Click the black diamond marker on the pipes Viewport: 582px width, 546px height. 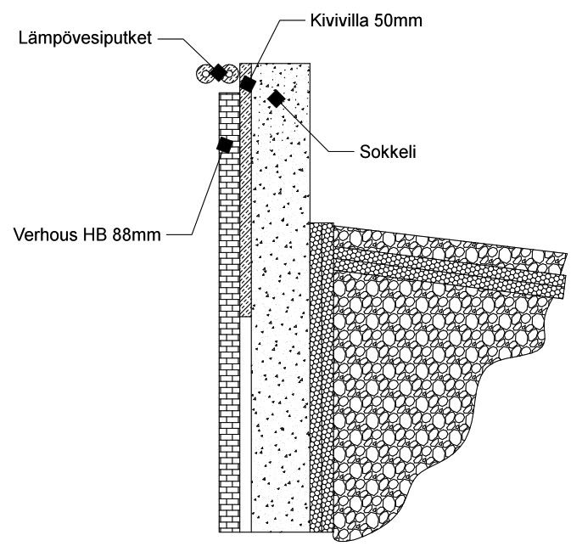tap(218, 72)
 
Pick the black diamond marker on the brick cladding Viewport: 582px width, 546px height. tap(225, 145)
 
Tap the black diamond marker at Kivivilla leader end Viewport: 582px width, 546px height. tap(247, 83)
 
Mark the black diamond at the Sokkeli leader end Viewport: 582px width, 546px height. tap(275, 99)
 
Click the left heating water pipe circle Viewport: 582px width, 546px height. tap(204, 73)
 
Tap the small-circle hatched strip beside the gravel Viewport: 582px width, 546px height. tap(321, 382)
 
